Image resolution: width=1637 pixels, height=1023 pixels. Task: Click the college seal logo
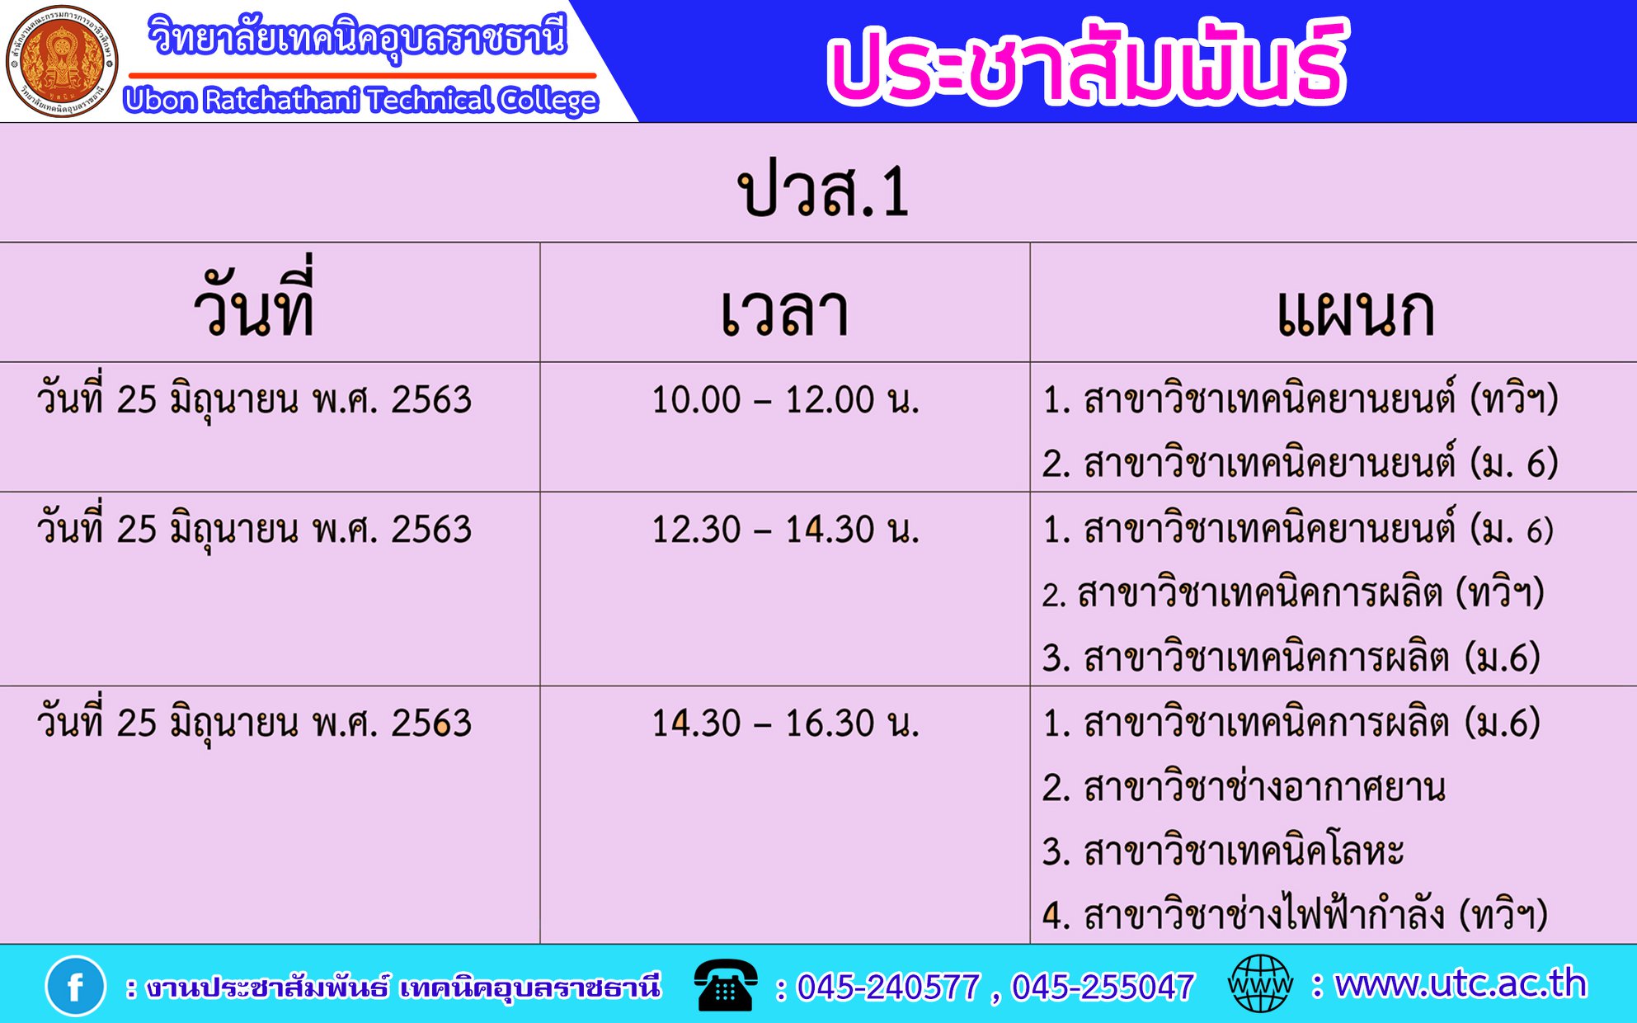pos(62,61)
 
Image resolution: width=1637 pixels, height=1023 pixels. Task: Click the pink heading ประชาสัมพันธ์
pos(1087,63)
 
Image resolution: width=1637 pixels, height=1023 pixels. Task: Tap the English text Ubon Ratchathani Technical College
pos(361,101)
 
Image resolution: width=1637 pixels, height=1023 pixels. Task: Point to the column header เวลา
pos(784,313)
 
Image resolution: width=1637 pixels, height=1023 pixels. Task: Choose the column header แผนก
pos(1357,313)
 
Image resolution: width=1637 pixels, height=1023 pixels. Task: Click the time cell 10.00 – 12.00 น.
pos(785,400)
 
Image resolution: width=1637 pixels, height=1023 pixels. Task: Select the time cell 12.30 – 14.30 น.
pos(785,530)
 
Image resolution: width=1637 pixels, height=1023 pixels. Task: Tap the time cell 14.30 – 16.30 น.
pos(785,724)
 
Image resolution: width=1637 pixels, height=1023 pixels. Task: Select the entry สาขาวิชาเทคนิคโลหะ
pos(1244,850)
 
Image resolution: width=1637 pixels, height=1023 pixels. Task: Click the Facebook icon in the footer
pos(75,986)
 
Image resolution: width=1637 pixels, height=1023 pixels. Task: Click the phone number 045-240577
pos(888,987)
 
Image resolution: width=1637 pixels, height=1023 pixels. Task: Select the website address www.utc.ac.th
pos(1461,983)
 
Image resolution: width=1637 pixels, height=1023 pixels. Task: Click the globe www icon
pos(1260,983)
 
